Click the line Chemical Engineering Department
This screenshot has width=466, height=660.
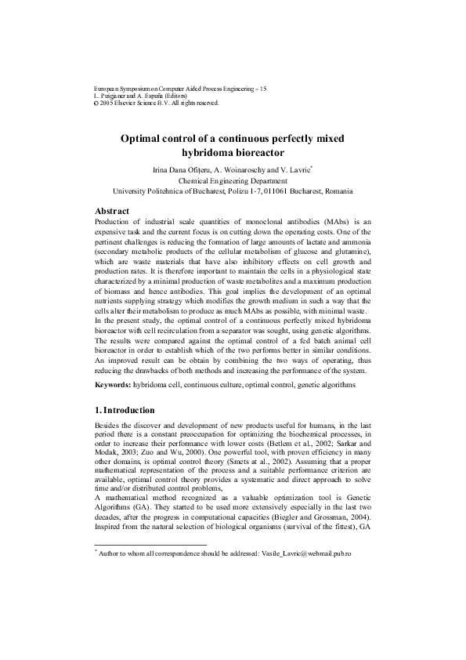click(x=233, y=180)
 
